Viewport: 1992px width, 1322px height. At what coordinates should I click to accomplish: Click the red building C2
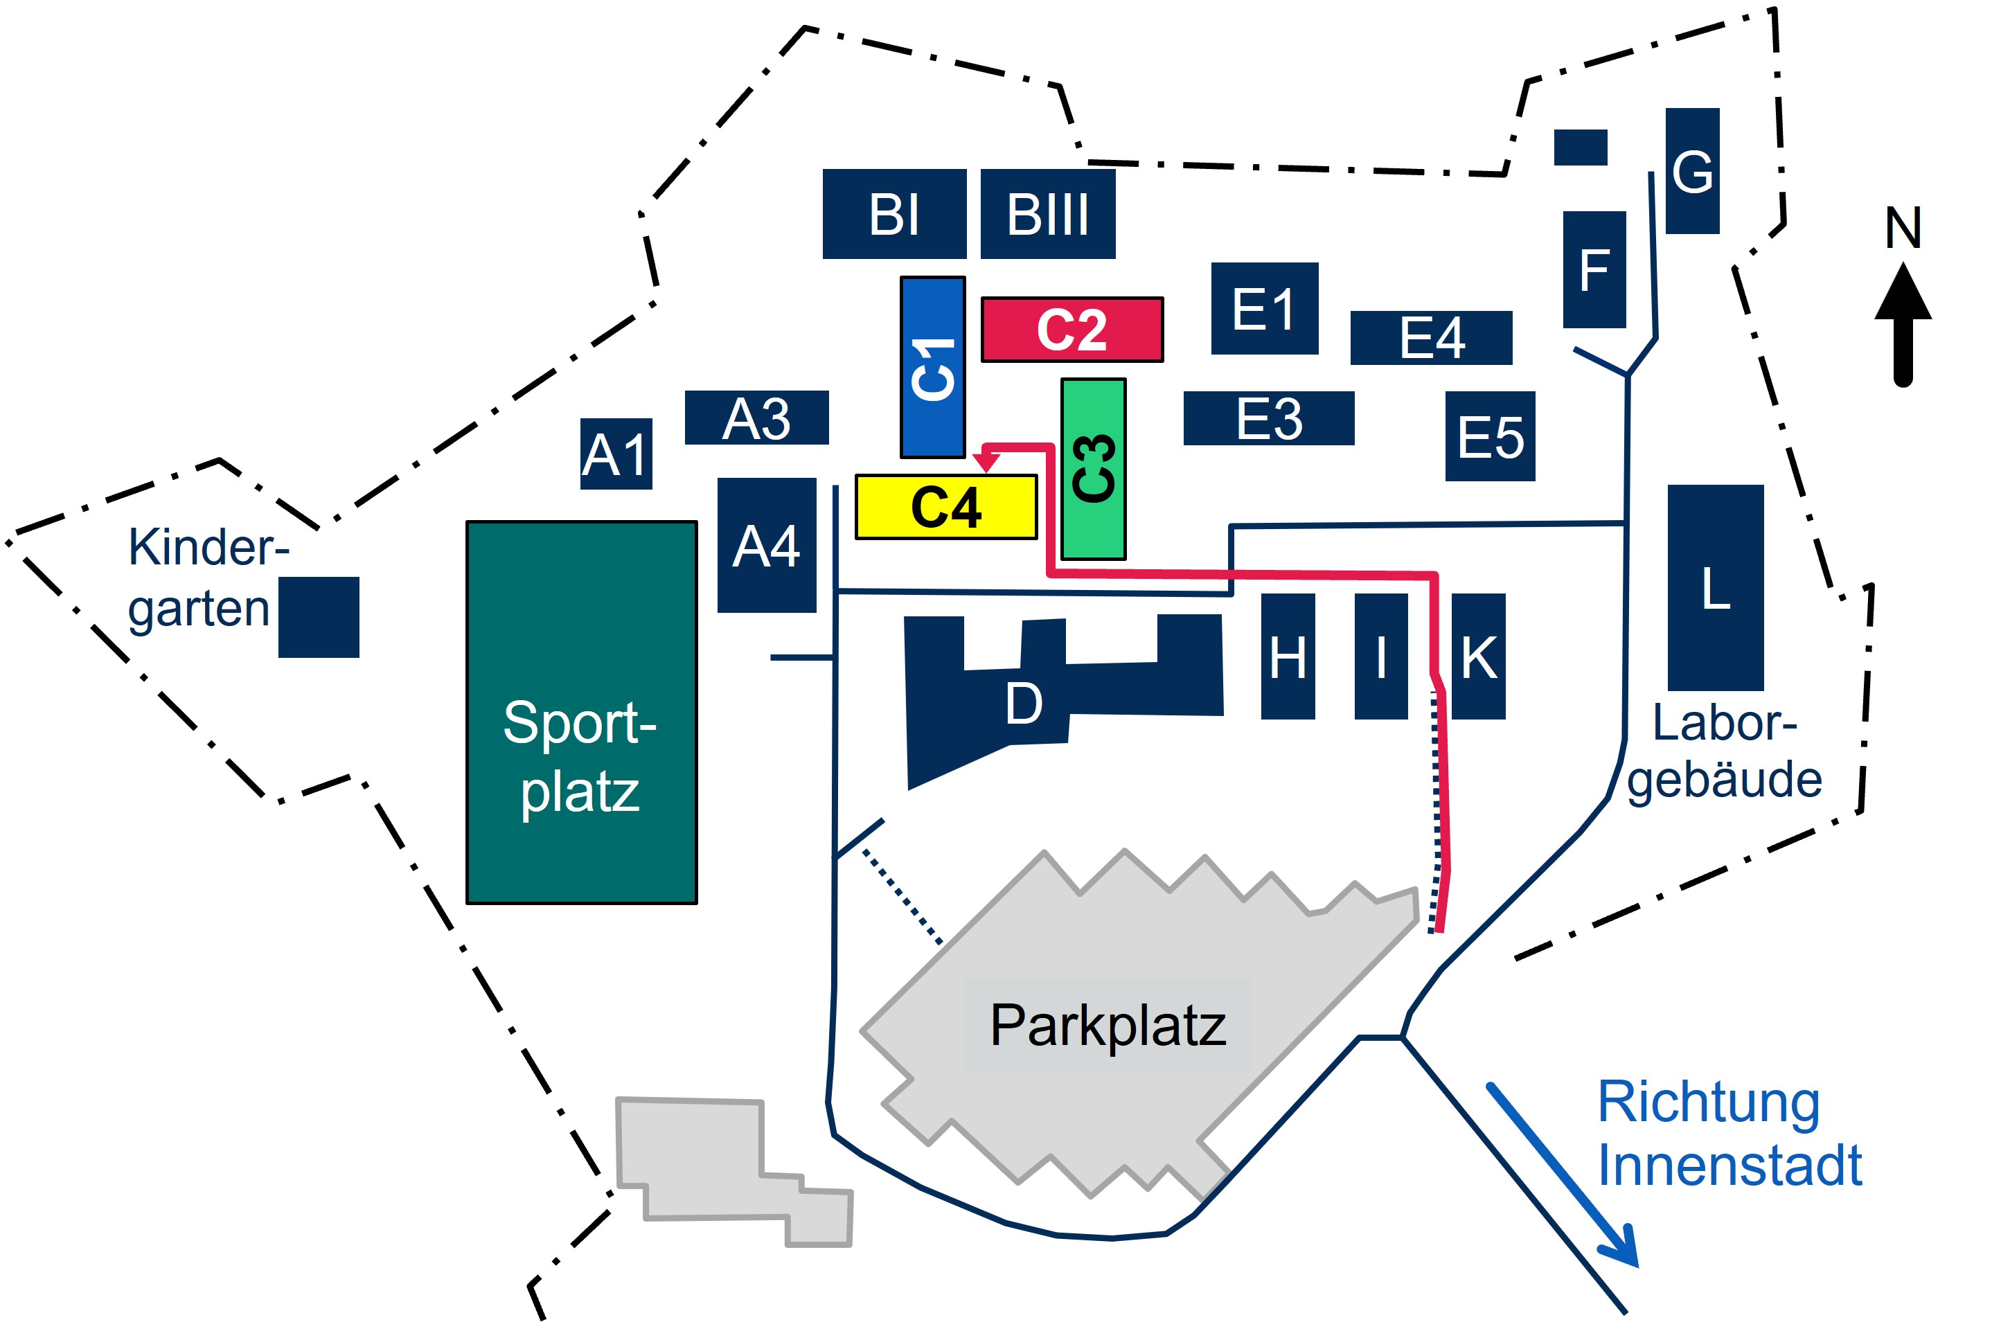click(1072, 330)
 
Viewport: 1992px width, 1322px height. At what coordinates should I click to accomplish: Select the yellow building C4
click(946, 507)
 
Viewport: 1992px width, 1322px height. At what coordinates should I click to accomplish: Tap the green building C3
click(1094, 469)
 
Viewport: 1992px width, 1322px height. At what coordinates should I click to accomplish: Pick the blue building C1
click(932, 368)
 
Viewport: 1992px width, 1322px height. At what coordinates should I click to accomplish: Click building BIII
click(1048, 213)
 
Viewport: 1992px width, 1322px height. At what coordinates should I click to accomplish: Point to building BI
click(894, 213)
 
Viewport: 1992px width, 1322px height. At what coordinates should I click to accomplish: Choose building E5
click(1491, 436)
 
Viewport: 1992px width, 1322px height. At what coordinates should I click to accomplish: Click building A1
click(616, 454)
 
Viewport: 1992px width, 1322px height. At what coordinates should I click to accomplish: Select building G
click(1693, 171)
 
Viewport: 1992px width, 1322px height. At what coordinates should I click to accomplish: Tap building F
click(1594, 270)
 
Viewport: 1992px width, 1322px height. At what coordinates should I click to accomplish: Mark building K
click(1479, 656)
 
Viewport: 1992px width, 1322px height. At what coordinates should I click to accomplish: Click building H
click(1288, 656)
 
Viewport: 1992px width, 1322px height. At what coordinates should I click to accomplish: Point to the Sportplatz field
click(582, 713)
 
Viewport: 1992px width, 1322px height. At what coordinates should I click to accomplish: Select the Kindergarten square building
click(319, 617)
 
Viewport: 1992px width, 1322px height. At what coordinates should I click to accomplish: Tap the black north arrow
click(1903, 325)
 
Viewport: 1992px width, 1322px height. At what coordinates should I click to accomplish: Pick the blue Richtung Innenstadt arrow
click(1562, 1175)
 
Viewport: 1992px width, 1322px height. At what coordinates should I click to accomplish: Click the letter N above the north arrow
click(1903, 228)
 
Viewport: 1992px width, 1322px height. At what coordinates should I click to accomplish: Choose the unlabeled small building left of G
click(1581, 148)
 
